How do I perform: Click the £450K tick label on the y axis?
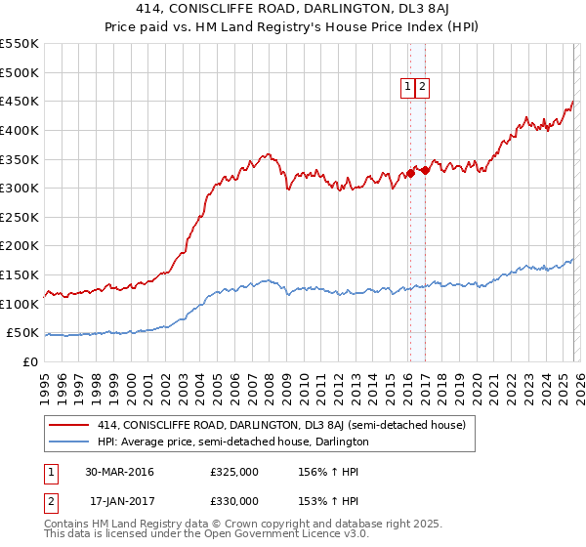point(20,101)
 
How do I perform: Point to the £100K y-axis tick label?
point(20,304)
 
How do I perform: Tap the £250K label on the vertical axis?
point(20,217)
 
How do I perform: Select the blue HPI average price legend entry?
point(232,442)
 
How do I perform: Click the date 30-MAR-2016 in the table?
point(119,472)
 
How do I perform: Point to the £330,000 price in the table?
point(234,501)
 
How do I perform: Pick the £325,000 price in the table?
point(234,472)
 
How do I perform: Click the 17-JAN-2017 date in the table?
point(119,501)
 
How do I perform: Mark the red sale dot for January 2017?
point(425,170)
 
